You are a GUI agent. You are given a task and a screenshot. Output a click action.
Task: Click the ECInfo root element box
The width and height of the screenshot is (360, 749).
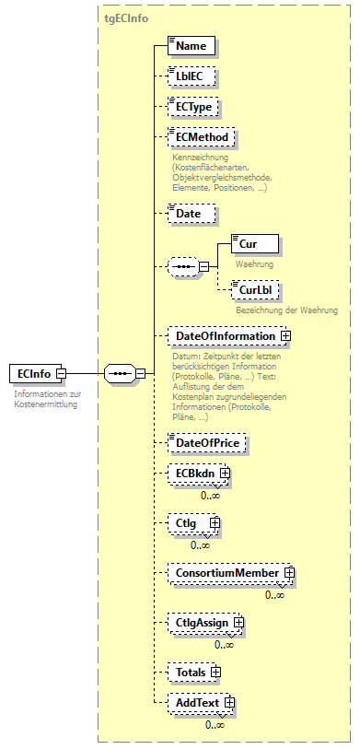click(x=32, y=372)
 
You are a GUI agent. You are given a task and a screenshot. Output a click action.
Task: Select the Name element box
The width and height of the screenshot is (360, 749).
click(x=192, y=45)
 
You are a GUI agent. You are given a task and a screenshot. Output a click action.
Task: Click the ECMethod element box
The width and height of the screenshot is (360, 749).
click(x=200, y=138)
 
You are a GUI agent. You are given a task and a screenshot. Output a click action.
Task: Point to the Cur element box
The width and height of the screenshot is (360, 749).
click(x=253, y=245)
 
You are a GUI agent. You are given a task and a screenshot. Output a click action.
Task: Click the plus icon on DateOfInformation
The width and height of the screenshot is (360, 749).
click(x=285, y=336)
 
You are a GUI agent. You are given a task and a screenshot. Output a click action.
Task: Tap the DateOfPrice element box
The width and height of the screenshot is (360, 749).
click(x=206, y=442)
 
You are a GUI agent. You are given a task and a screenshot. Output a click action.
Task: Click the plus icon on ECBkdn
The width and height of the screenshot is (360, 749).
click(x=224, y=474)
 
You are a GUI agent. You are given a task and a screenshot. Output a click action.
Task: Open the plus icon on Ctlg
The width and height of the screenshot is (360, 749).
click(x=215, y=523)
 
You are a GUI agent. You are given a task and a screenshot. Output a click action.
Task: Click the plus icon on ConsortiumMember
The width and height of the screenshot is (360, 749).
click(x=289, y=573)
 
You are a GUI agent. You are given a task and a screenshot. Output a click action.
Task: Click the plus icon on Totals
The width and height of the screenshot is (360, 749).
click(x=216, y=673)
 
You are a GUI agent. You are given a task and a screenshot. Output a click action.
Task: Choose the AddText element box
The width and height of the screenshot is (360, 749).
click(x=196, y=704)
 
